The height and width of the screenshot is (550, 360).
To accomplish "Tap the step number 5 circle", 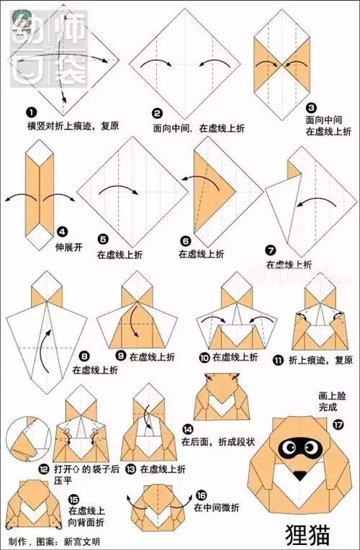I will click(103, 239).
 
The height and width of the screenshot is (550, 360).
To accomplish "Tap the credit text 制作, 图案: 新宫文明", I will click(54, 541).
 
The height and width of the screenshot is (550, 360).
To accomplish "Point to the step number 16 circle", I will click(201, 495).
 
